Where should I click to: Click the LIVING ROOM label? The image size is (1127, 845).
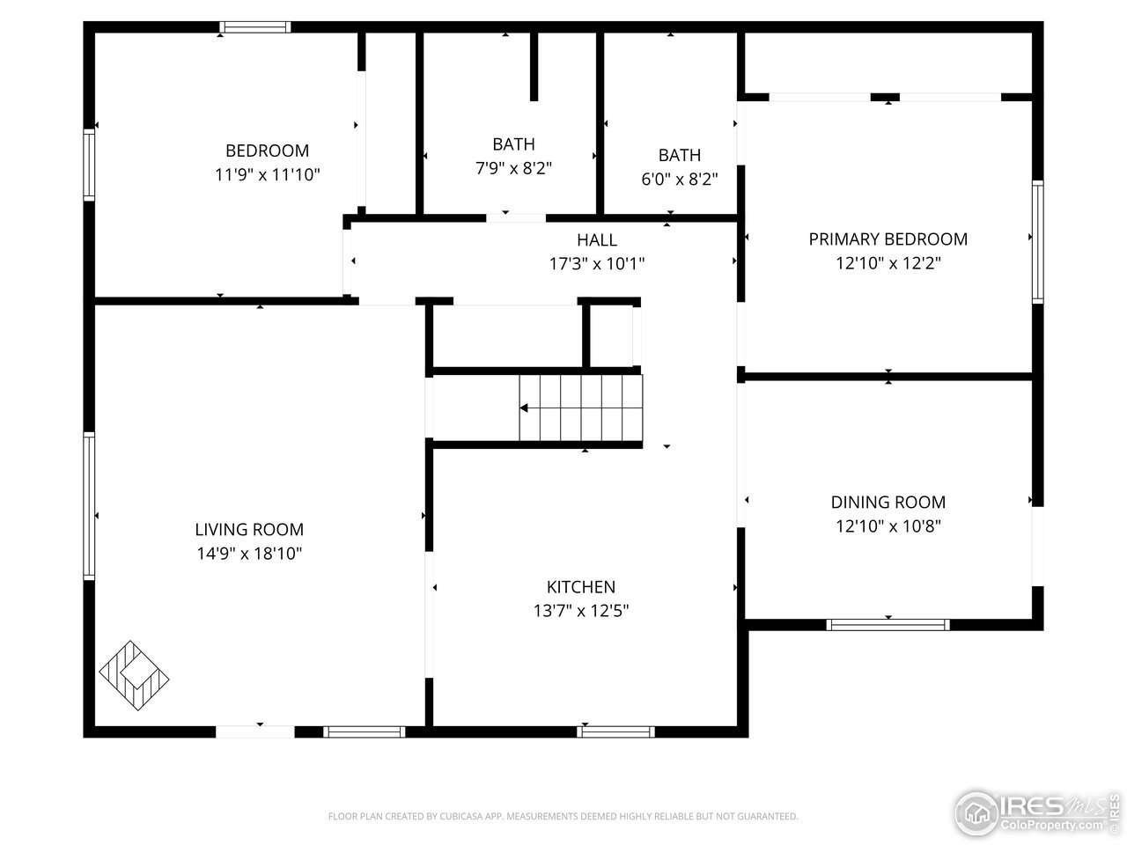pos(249,529)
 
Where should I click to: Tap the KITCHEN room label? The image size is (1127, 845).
pos(581,587)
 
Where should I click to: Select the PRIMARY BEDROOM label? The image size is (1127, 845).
pos(888,239)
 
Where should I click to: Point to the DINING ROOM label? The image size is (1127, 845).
pos(888,502)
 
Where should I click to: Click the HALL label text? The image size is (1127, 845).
pos(597,239)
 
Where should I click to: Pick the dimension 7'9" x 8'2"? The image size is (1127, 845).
pos(513,168)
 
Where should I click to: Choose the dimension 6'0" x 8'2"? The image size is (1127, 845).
pos(680,180)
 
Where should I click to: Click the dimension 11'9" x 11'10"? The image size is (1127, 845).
pos(268,174)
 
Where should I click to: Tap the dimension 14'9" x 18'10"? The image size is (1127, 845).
pos(249,554)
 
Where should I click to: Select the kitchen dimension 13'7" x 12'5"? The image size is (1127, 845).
pos(581,611)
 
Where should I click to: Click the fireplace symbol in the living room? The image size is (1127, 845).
pos(134,676)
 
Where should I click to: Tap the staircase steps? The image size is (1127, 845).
pos(581,408)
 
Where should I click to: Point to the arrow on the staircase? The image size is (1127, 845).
pos(525,408)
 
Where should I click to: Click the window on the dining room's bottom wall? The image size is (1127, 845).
pos(888,625)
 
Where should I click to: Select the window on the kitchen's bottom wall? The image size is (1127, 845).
pos(616,731)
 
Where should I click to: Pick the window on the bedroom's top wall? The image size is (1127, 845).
pos(255,27)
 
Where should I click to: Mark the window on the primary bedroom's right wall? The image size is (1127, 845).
pos(1037,242)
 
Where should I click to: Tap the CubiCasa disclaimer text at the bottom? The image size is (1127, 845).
pos(563,817)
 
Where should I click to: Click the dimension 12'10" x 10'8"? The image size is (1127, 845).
pos(888,526)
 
